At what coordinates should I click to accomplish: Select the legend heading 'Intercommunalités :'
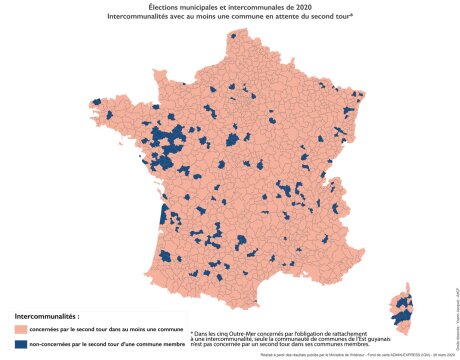point(45,315)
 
